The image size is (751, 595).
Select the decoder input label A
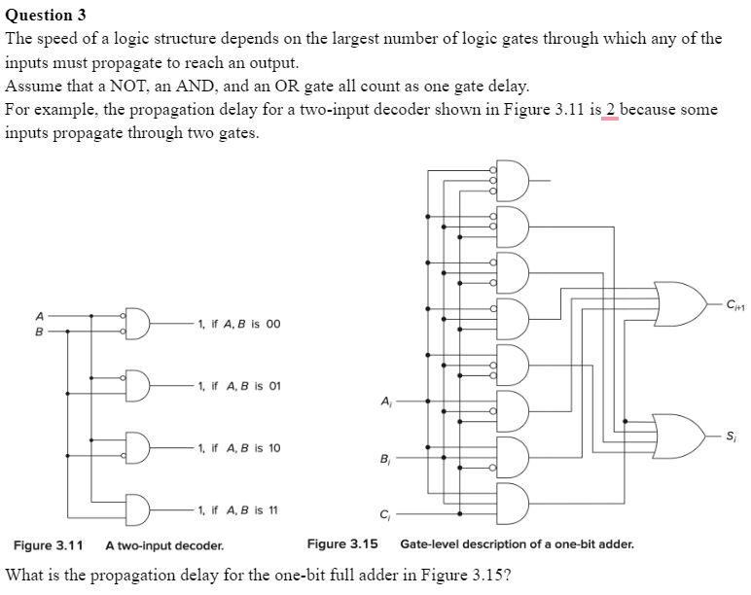coord(40,315)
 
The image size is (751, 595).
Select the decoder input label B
coord(40,331)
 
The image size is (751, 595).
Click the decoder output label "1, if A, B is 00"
coord(238,324)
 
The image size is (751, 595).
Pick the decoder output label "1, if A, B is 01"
coord(238,386)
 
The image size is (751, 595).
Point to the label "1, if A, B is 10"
coord(238,448)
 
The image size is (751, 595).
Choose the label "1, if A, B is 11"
coord(238,509)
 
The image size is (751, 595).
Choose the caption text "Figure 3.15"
coord(341,544)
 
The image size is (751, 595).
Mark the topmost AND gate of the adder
coord(512,180)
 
